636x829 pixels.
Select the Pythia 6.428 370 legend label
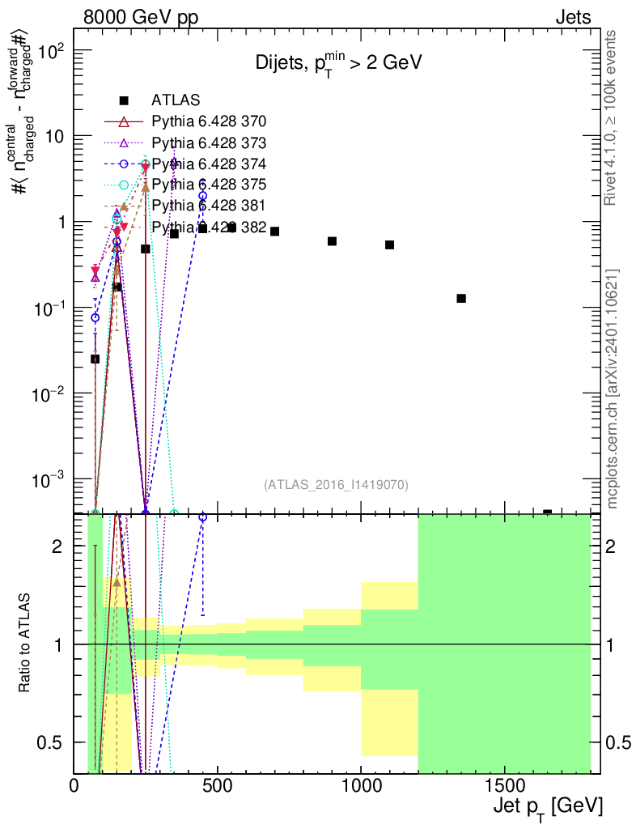209,121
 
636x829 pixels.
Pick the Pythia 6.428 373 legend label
209,142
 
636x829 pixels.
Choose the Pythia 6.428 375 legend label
209,185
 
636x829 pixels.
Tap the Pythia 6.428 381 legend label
209,206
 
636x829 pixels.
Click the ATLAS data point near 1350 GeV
461,298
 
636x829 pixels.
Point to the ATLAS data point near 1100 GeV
389,244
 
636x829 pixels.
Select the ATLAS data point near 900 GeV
332,241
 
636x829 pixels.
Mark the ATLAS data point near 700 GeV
275,232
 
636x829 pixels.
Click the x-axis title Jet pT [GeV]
547,806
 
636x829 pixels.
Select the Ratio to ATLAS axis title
25,644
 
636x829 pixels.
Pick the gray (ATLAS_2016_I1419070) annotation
336,485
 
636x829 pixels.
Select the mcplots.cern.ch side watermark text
612,389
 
